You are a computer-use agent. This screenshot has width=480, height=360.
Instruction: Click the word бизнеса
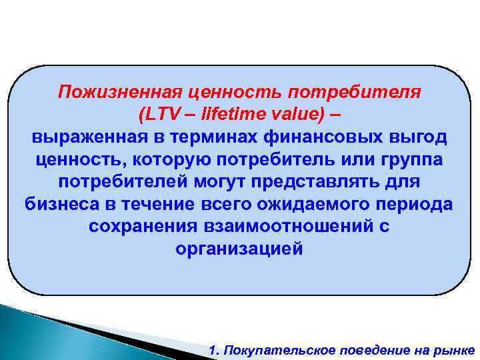(x=61, y=204)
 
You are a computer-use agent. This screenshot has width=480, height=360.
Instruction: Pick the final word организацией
(x=239, y=249)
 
